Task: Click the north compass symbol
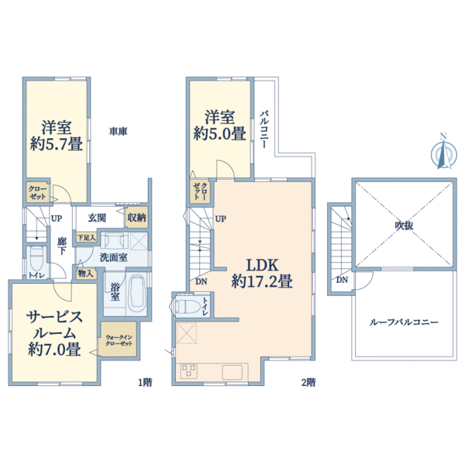coord(443,154)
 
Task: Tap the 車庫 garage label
coord(118,132)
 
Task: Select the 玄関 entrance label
coord(97,218)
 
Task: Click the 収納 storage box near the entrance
coord(136,217)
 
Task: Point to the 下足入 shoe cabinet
coord(86,238)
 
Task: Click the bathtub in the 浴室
coord(136,292)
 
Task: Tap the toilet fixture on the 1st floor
coord(37,258)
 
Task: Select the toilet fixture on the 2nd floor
coord(188,306)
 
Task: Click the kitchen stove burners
coord(189,371)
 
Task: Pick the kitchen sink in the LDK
coord(232,372)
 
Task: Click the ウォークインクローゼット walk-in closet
coord(119,339)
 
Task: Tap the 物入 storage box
coord(85,274)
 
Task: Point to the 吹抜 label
coord(404,226)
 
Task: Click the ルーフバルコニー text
coord(404,322)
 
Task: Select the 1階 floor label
coord(146,382)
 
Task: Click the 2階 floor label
coord(308,382)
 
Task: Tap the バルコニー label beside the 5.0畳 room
coord(264,129)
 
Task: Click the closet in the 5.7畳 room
coord(37,192)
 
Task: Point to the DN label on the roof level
coord(342,280)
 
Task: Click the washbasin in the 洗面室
coord(114,240)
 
